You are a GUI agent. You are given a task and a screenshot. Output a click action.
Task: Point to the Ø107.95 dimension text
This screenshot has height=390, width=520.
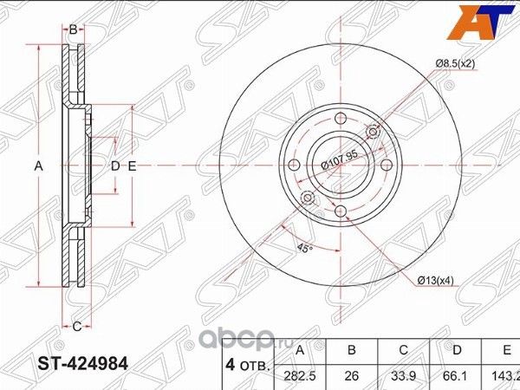click(339, 162)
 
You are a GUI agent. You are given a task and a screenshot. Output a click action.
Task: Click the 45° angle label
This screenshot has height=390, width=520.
click(302, 248)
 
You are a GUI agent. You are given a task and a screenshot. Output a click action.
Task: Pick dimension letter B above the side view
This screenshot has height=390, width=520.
click(74, 29)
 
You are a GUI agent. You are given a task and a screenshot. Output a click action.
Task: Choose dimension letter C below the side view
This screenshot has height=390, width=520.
click(76, 327)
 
